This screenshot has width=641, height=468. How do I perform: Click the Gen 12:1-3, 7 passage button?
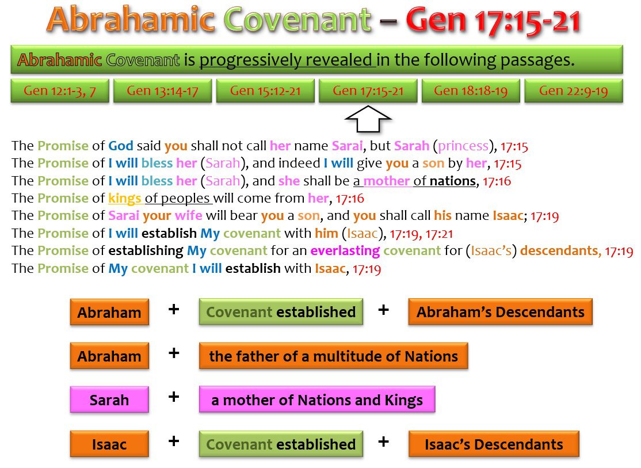pos(60,90)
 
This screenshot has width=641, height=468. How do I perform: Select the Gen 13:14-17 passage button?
pos(162,90)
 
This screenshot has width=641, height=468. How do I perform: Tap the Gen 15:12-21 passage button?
pos(265,90)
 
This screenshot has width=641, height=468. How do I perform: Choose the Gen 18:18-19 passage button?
pos(471,90)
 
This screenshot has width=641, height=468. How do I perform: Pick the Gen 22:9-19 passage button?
pos(574,90)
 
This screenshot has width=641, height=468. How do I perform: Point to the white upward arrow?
pos(368,120)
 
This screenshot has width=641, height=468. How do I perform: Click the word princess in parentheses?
pos(463,146)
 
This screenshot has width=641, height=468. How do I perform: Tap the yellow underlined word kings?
pos(125,199)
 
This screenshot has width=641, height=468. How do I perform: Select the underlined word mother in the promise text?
pos(386,181)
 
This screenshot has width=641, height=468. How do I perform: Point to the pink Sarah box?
pos(109,399)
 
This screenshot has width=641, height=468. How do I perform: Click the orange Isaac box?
pos(109,444)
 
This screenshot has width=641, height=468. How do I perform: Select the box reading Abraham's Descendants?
pos(500,312)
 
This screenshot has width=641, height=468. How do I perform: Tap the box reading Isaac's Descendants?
pos(494,444)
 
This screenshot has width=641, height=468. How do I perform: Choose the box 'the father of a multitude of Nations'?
pos(333,356)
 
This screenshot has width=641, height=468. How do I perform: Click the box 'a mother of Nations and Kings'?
pos(317,399)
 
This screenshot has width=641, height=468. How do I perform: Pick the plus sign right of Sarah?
pos(174,397)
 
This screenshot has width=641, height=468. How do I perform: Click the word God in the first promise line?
pos(121,146)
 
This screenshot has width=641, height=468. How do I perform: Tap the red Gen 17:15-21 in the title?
pos(494,21)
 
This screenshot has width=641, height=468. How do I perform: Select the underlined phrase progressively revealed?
pos(287,60)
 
